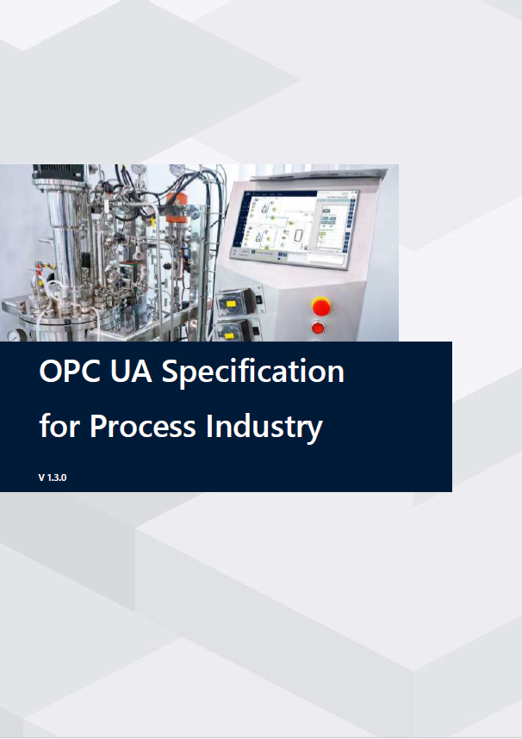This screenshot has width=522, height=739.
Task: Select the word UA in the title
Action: (x=134, y=372)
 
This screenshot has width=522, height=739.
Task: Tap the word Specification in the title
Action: (x=253, y=373)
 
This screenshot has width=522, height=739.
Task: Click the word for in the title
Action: (x=60, y=425)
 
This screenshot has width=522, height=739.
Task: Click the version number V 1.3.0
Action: (x=53, y=477)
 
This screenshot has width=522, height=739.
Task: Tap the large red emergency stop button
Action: (x=320, y=305)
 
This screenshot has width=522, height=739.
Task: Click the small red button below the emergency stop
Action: (x=317, y=328)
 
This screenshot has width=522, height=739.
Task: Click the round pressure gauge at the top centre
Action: (x=177, y=169)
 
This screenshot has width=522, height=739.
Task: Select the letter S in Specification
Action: (x=172, y=372)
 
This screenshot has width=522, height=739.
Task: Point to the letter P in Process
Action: (x=99, y=425)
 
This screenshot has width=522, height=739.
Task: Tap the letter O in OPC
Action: (x=51, y=372)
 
